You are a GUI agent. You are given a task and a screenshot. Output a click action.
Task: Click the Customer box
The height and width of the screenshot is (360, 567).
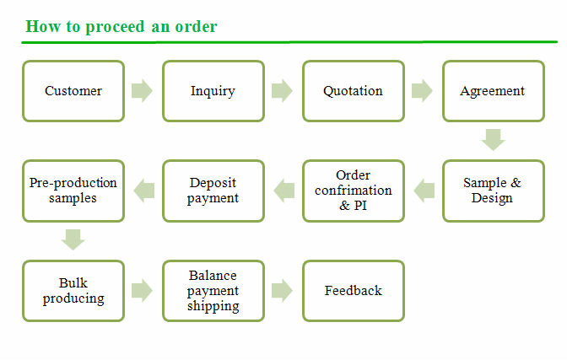pyautogui.click(x=73, y=91)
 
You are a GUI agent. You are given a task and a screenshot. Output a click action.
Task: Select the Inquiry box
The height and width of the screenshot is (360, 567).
pyautogui.click(x=213, y=91)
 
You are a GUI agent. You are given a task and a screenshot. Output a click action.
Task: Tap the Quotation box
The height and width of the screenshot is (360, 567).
pyautogui.click(x=353, y=91)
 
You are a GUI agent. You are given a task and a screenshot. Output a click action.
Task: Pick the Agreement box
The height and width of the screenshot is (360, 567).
pyautogui.click(x=493, y=91)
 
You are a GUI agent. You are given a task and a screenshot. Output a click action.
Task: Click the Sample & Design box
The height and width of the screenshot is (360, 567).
pyautogui.click(x=493, y=191)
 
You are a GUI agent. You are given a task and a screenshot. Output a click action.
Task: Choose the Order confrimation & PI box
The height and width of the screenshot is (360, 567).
pyautogui.click(x=353, y=191)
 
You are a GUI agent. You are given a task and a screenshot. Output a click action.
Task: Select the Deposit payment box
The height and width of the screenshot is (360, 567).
pyautogui.click(x=213, y=191)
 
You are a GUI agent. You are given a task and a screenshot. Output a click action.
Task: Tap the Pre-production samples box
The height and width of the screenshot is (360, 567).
pyautogui.click(x=73, y=191)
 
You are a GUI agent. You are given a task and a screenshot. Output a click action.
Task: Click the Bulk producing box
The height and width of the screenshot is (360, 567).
pyautogui.click(x=73, y=291)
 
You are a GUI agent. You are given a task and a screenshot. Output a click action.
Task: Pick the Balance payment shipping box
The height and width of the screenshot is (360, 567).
pyautogui.click(x=213, y=291)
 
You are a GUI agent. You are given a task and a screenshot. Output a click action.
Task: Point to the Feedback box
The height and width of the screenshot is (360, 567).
pyautogui.click(x=353, y=291)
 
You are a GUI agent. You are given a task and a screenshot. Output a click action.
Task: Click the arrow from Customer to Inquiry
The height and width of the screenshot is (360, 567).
pyautogui.click(x=143, y=91)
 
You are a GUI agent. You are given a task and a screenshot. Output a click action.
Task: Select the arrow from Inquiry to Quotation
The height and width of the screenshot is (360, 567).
pyautogui.click(x=283, y=91)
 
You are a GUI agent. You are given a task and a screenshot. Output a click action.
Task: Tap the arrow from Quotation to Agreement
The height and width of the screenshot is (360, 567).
pyautogui.click(x=422, y=91)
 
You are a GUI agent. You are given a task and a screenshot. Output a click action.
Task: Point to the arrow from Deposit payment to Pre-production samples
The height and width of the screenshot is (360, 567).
pyautogui.click(x=143, y=191)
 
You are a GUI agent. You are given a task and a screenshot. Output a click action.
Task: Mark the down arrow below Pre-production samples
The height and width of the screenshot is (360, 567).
pyautogui.click(x=73, y=239)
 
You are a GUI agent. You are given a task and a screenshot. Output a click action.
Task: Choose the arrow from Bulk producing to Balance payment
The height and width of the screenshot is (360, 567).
pyautogui.click(x=143, y=291)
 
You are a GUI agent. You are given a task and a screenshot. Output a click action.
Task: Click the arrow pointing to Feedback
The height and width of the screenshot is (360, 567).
pyautogui.click(x=283, y=291)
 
